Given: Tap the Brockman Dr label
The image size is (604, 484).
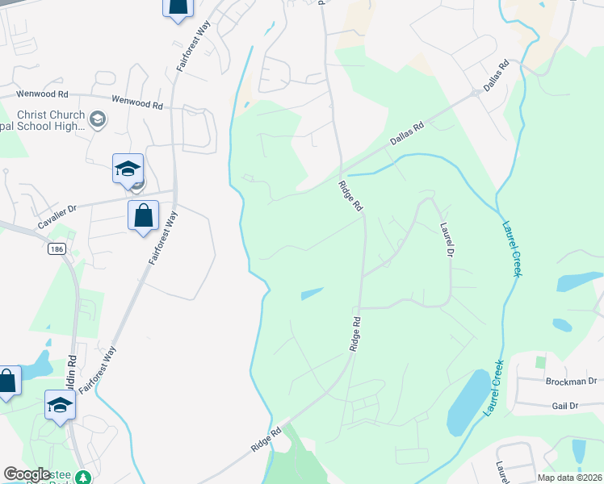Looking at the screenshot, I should tap(570, 381).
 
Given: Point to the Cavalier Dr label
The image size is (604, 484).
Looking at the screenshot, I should tap(56, 209).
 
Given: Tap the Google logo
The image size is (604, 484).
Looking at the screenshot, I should tap(27, 474).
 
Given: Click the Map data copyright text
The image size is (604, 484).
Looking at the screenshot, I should tap(569, 478).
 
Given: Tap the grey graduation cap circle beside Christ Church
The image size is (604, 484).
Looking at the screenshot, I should tap(98, 120).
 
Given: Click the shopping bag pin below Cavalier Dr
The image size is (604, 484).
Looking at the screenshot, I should tap(143, 216).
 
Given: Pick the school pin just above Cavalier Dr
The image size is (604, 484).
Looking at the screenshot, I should tap(128, 169).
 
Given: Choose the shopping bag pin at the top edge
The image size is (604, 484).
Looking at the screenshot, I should tap(178, 7).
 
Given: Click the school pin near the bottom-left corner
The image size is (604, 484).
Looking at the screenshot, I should tap(60, 406).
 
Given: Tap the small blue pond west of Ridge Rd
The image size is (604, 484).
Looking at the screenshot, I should tap(312, 294).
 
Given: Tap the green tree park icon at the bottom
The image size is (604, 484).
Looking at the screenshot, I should tap(82, 478).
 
